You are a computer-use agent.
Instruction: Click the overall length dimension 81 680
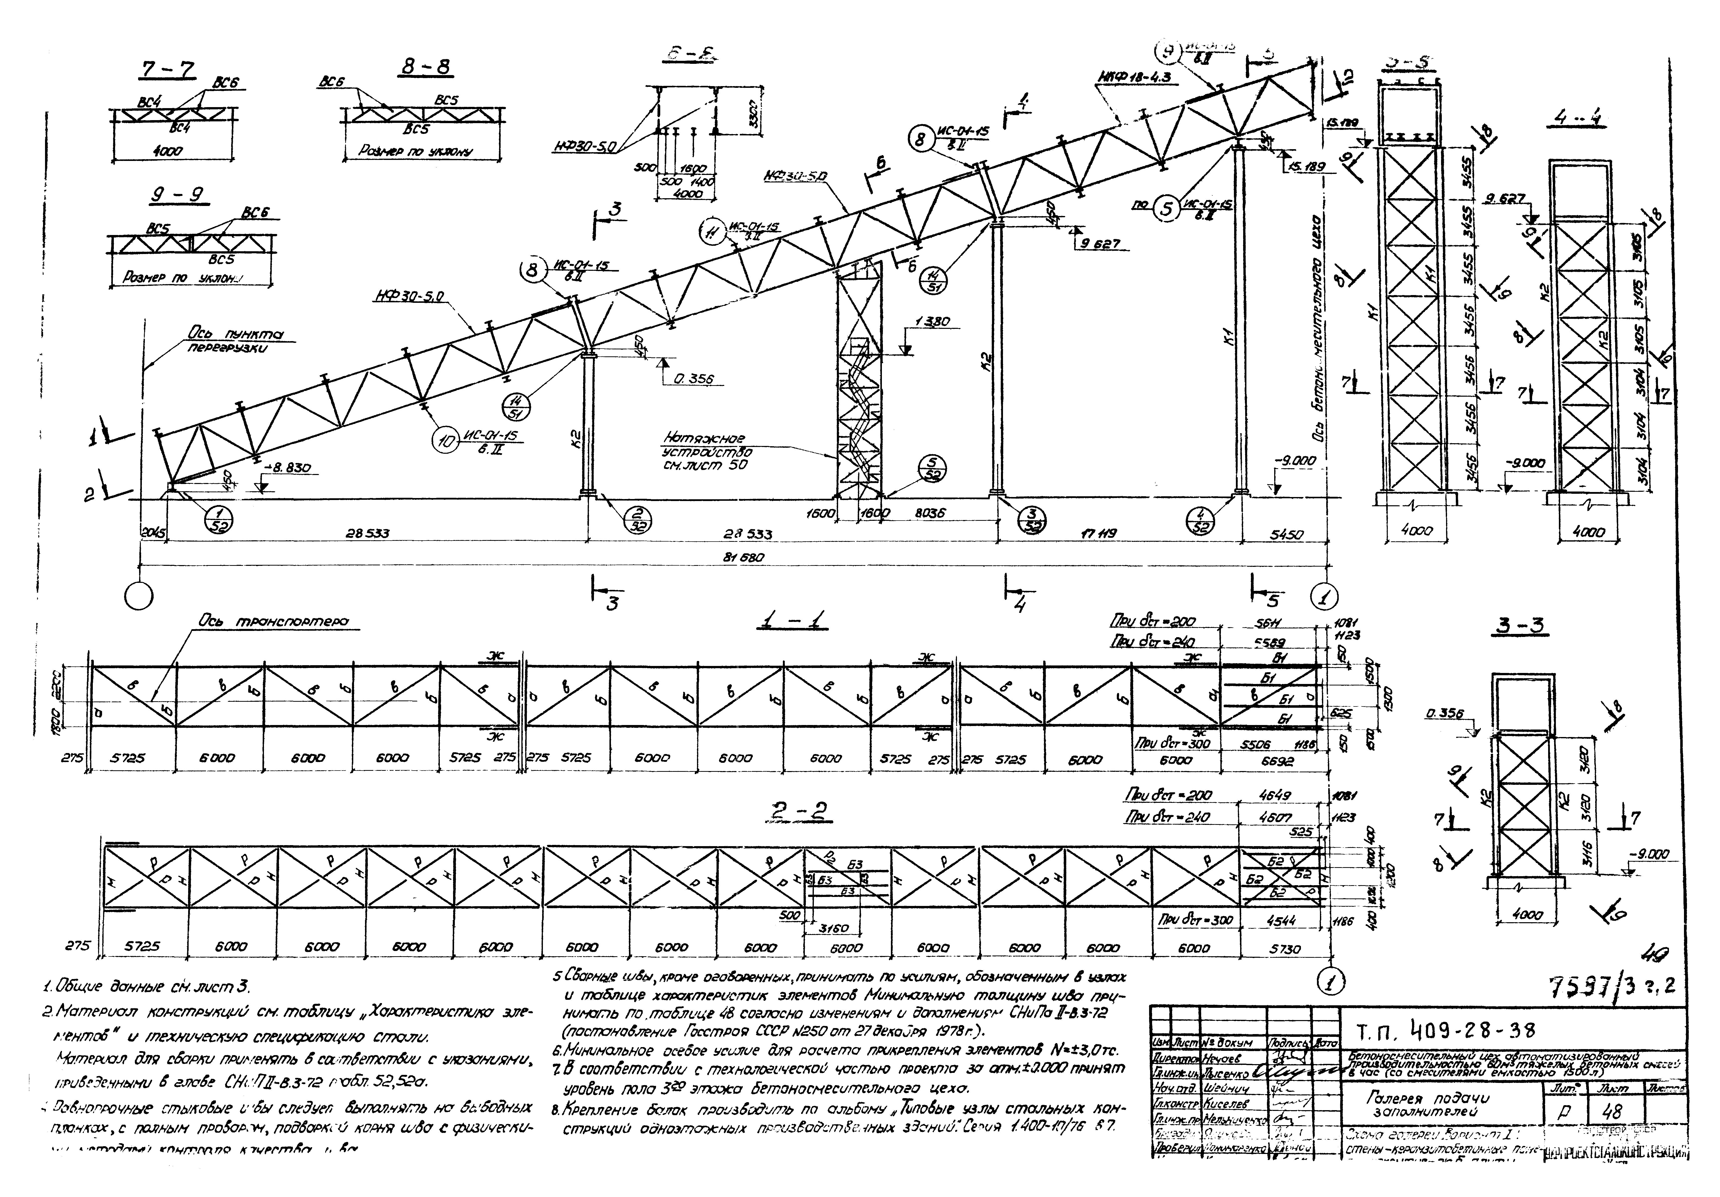[x=737, y=558]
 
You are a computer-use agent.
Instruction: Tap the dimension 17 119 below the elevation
[x=1098, y=534]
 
